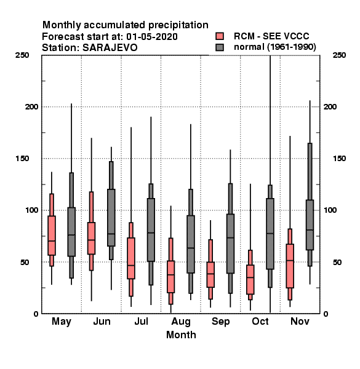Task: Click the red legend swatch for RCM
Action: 220,36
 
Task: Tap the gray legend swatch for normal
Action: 220,47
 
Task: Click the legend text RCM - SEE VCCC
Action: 271,36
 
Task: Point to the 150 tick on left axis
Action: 22,159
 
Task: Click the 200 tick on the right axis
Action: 330,106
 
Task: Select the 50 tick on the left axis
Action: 25,262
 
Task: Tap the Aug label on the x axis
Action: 181,322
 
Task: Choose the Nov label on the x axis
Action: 300,321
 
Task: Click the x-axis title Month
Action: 181,335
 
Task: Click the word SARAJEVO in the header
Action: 110,48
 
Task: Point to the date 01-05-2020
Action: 152,37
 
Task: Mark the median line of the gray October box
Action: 270,234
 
